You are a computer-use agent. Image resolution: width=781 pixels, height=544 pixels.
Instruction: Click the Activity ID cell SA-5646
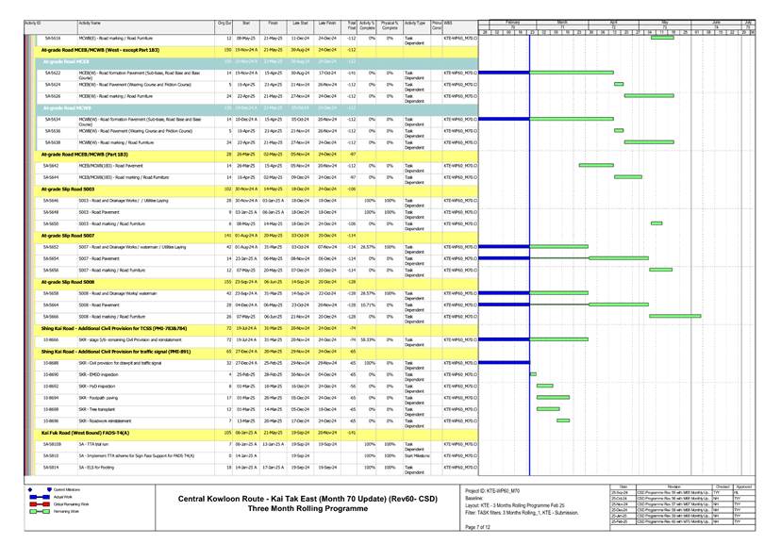pyautogui.click(x=52, y=201)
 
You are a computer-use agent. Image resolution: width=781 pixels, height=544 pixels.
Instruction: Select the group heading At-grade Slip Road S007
pyautogui.click(x=68, y=235)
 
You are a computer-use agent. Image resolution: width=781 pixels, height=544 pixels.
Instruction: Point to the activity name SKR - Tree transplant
pyautogui.click(x=97, y=409)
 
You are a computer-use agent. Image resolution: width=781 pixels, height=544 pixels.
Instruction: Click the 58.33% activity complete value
pyautogui.click(x=368, y=338)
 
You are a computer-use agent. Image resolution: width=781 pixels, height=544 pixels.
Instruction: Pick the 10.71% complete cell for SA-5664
pyautogui.click(x=368, y=305)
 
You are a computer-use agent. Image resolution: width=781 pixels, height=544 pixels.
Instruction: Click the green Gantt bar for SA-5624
pyautogui.click(x=619, y=84)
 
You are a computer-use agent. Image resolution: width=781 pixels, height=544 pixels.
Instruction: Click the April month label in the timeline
pyautogui.click(x=613, y=20)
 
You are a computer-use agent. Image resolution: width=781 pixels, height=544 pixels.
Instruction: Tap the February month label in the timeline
pyautogui.click(x=513, y=20)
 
